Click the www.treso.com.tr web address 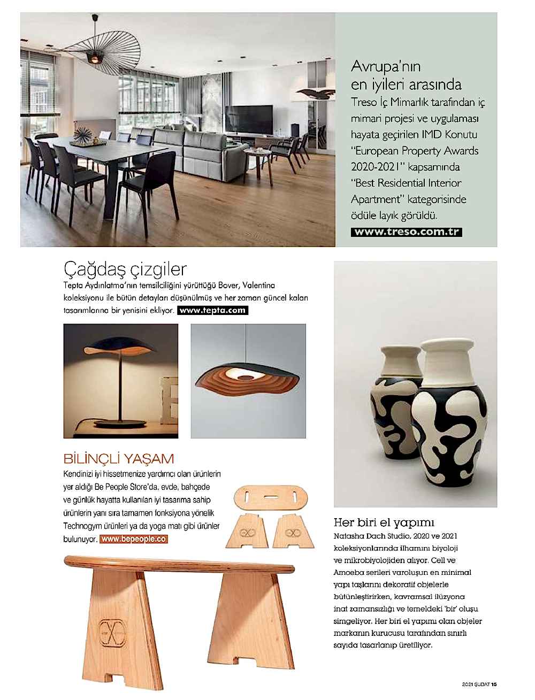click(x=406, y=232)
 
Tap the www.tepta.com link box click(x=212, y=310)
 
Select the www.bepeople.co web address click(x=133, y=540)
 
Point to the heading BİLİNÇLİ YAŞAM click(x=119, y=459)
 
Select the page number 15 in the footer click(x=494, y=683)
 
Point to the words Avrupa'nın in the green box click(x=386, y=67)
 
